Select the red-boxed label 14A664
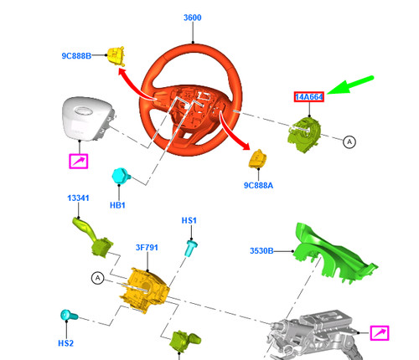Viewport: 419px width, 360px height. coord(308,97)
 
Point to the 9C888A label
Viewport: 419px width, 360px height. coord(259,184)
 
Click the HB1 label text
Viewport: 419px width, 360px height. coord(116,204)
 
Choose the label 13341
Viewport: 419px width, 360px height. coord(79,198)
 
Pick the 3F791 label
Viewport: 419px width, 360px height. coord(148,248)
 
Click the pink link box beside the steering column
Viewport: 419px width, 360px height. coord(380,333)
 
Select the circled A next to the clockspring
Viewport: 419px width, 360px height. coord(349,143)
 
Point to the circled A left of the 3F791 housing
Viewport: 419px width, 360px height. coord(98,277)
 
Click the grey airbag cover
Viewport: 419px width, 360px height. coord(86,121)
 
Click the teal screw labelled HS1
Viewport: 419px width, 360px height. coord(192,245)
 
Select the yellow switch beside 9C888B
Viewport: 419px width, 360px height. coord(116,55)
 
